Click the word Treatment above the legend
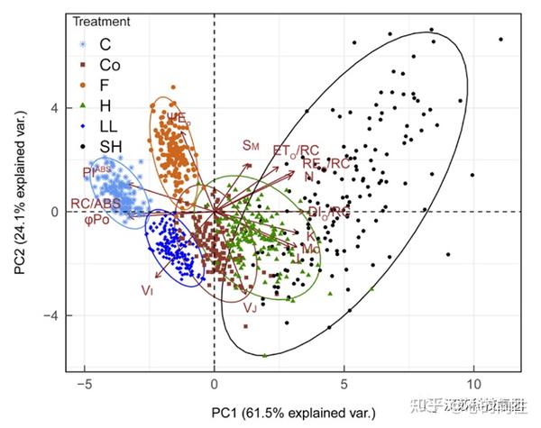pyautogui.click(x=100, y=21)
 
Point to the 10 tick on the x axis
pyautogui.click(x=474, y=381)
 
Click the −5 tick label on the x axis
pyautogui.click(x=84, y=381)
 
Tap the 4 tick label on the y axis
pyautogui.click(x=54, y=108)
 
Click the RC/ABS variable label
pyautogui.click(x=95, y=205)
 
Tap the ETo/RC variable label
pyautogui.click(x=295, y=150)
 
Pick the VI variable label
pyautogui.click(x=147, y=290)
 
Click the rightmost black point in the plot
pyautogui.click(x=500, y=40)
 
